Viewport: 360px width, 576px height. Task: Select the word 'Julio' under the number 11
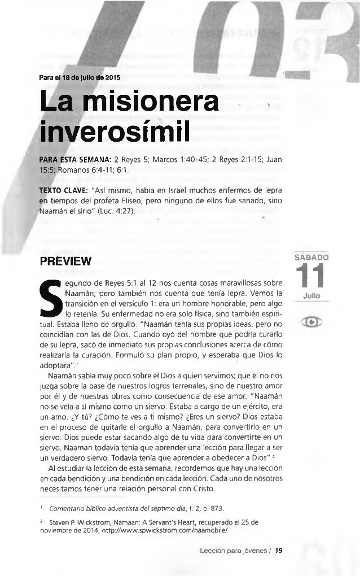pyautogui.click(x=316, y=295)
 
